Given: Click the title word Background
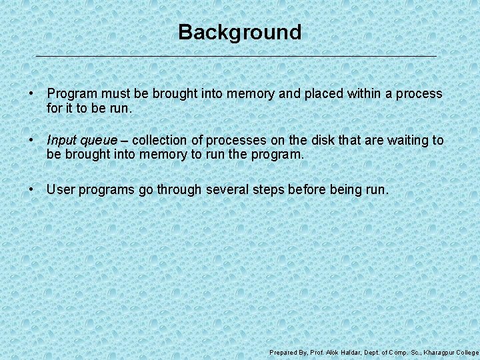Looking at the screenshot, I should point(239,32).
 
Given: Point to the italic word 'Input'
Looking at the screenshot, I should point(61,141).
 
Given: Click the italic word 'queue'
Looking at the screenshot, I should point(99,141).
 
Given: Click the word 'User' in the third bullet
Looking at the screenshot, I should point(61,189).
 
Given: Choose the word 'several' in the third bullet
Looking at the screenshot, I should point(227,189).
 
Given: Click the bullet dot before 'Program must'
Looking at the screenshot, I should point(32,94).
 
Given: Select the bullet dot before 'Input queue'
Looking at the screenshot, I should point(32,141).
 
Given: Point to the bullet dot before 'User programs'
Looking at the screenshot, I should point(32,189).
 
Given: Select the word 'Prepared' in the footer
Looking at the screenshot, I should point(283,352).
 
